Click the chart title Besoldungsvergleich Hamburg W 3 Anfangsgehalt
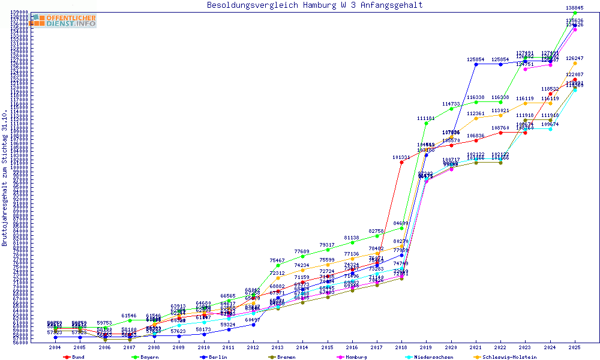pyautogui.click(x=314, y=5)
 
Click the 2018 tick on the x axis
pyautogui.click(x=401, y=347)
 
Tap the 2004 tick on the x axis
pyautogui.click(x=55, y=347)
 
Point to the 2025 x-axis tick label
pyautogui.click(x=575, y=347)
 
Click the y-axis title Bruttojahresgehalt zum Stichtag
pyautogui.click(x=5, y=179)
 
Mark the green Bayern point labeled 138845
pyautogui.click(x=575, y=13)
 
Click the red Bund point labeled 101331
pyautogui.click(x=401, y=162)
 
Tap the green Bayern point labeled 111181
pyautogui.click(x=426, y=123)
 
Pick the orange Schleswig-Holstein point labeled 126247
pyautogui.click(x=575, y=63)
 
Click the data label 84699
pyautogui.click(x=401, y=223)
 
